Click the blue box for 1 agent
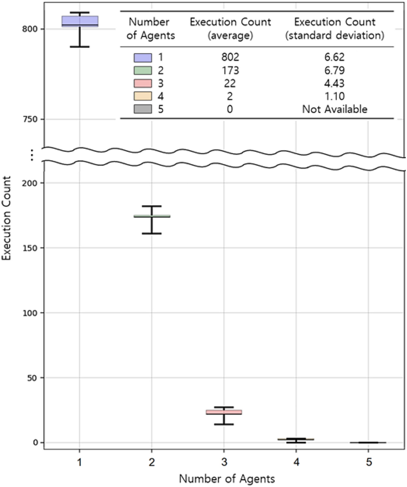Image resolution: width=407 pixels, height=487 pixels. [79, 21]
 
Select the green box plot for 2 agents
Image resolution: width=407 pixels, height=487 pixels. [152, 216]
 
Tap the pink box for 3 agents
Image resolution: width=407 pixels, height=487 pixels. [224, 412]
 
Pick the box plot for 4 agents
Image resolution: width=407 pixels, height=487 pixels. [296, 439]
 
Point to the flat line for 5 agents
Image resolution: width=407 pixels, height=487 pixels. [368, 442]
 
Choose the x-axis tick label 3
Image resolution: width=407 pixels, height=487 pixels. [224, 463]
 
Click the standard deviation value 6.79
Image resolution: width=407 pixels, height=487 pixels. [335, 70]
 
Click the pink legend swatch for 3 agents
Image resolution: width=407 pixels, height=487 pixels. [143, 83]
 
